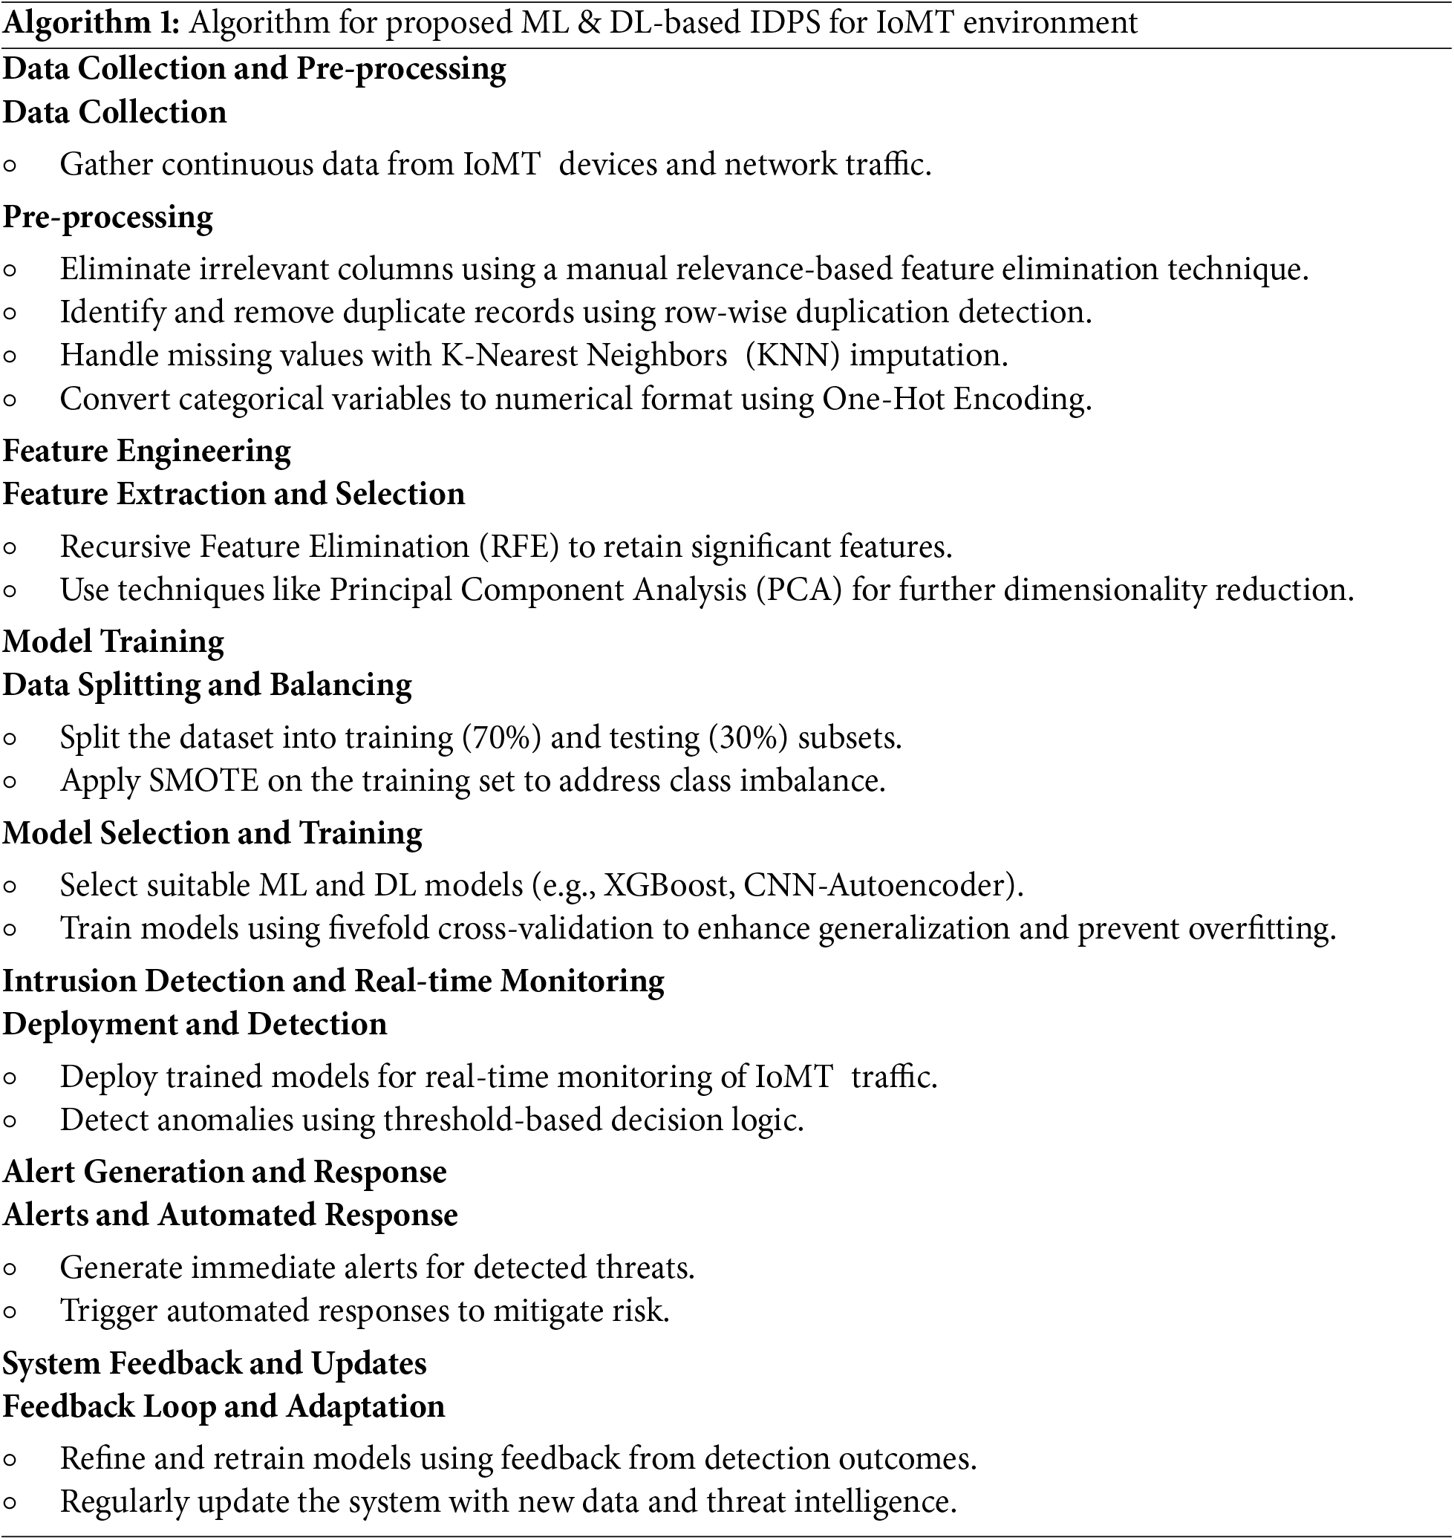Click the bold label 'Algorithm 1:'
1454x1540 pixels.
91,23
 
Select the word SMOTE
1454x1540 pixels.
203,780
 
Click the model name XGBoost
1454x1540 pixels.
669,885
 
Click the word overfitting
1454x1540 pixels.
1261,928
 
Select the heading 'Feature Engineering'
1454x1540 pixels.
146,451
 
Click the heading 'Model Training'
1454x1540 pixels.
113,642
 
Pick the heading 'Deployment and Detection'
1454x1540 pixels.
195,1025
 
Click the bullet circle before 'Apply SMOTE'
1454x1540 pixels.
10,782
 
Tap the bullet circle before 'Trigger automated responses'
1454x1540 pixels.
10,1312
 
